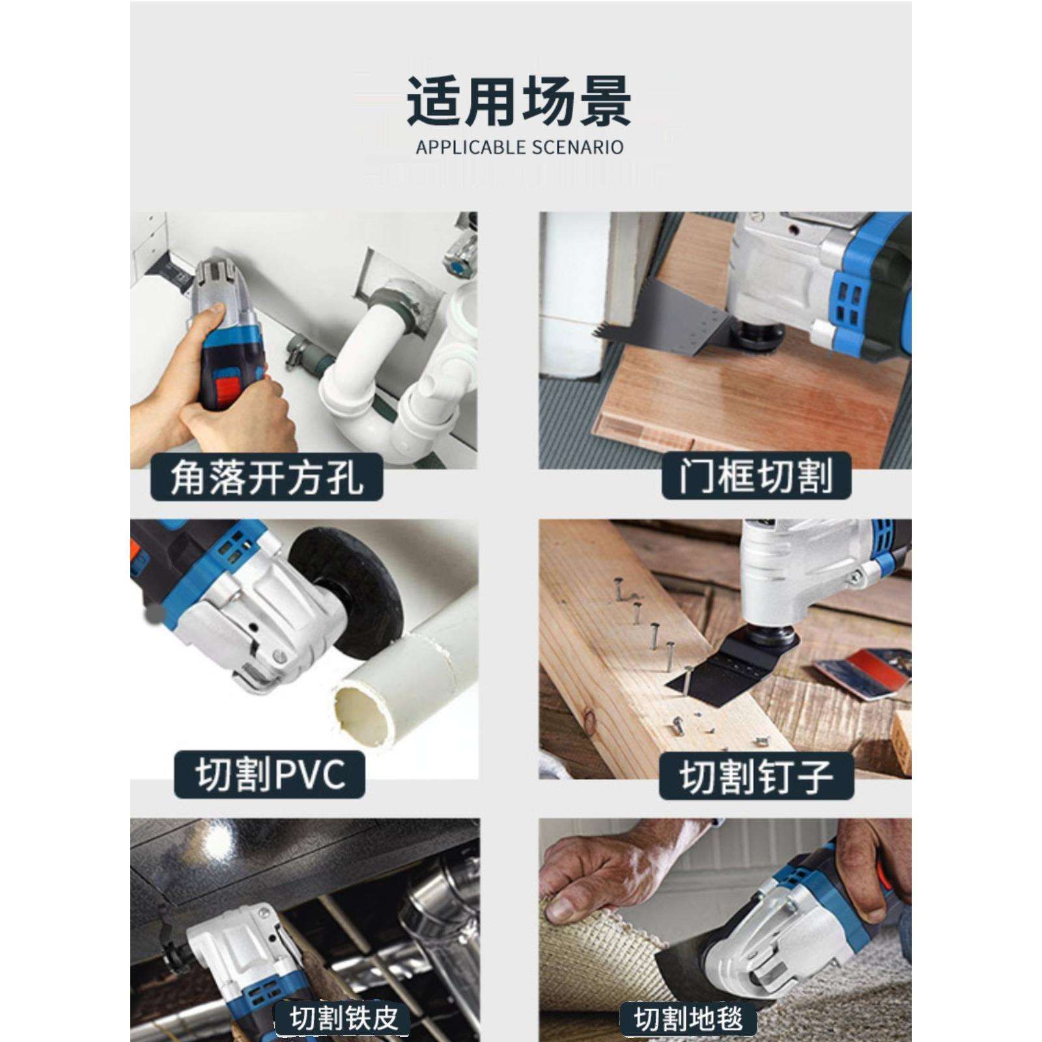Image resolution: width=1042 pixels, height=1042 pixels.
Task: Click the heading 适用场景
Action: point(519,101)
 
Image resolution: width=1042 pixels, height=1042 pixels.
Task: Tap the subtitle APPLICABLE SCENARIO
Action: point(519,147)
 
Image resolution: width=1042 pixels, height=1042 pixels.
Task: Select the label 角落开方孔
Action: point(266,477)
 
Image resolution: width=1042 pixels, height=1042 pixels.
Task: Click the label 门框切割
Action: point(756,476)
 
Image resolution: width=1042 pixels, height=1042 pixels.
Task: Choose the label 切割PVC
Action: point(269,774)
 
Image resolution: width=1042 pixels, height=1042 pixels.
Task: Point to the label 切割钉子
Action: point(755,776)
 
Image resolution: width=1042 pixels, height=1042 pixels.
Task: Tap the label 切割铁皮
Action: point(344,1018)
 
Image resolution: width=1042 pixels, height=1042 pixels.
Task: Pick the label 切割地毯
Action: point(688,1018)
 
